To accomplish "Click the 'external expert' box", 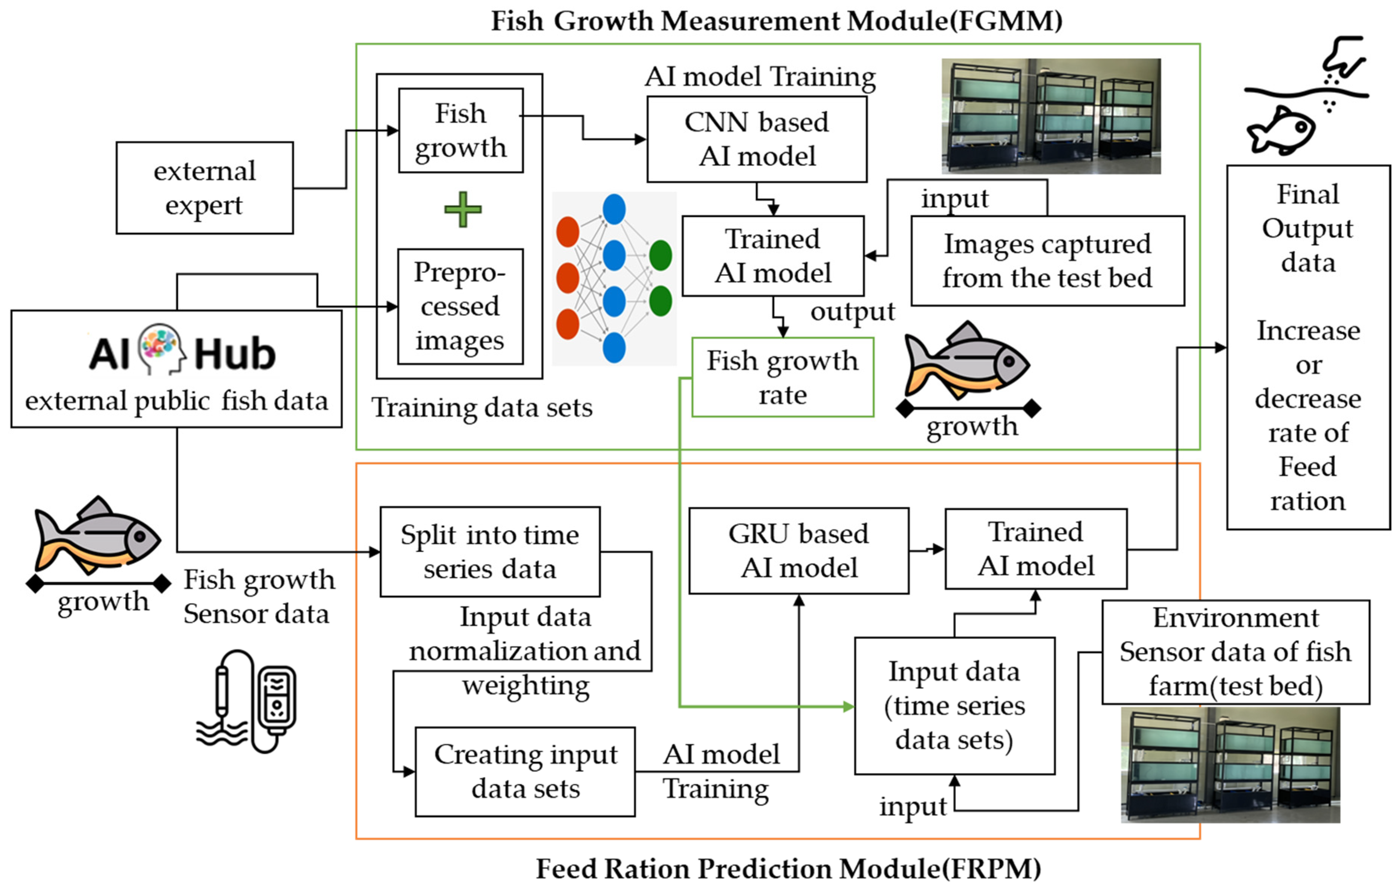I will click(205, 188).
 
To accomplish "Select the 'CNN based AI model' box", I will click(757, 139).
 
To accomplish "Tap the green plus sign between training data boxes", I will click(462, 209).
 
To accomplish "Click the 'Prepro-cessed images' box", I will click(460, 306).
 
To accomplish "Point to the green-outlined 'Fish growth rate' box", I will click(782, 377).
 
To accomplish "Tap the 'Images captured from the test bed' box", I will click(1047, 261).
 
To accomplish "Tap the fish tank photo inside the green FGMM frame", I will click(1050, 116).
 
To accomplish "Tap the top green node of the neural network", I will click(661, 255).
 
